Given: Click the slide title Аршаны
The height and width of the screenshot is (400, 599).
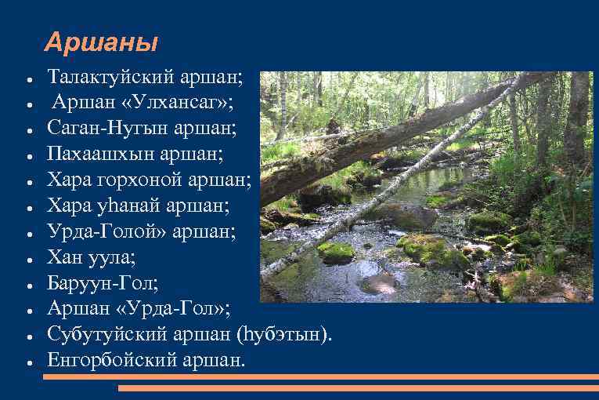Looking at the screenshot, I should coord(101,42).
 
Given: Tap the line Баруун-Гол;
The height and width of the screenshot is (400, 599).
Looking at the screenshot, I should coord(96,282).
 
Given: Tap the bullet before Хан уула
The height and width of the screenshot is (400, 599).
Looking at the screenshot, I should coord(28,258).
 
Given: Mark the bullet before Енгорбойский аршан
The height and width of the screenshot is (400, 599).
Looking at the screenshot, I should coord(28,362).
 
